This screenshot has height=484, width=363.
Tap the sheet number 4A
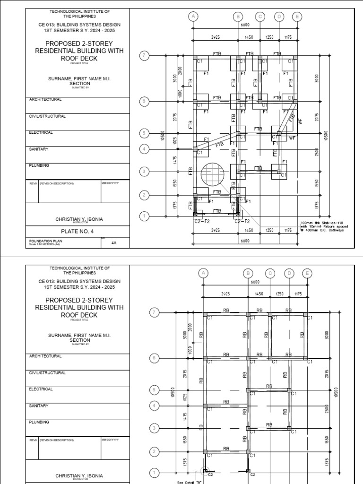tap(113, 242)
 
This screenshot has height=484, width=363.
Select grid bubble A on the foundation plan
tap(193, 16)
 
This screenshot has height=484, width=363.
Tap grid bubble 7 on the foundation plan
tap(144, 56)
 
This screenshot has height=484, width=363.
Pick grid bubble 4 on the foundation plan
tap(144, 149)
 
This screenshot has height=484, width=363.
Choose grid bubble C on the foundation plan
tap(260, 16)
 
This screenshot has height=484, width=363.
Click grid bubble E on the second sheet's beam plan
tap(307, 273)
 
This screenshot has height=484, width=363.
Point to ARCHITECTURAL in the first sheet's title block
tap(45, 100)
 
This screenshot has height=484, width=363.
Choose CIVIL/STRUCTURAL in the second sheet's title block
tap(47, 372)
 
